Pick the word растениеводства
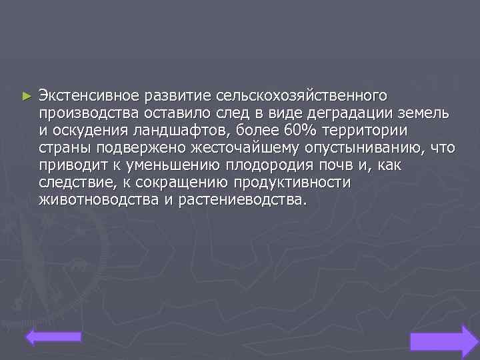(x=243, y=200)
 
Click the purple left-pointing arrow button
(x=54, y=337)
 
